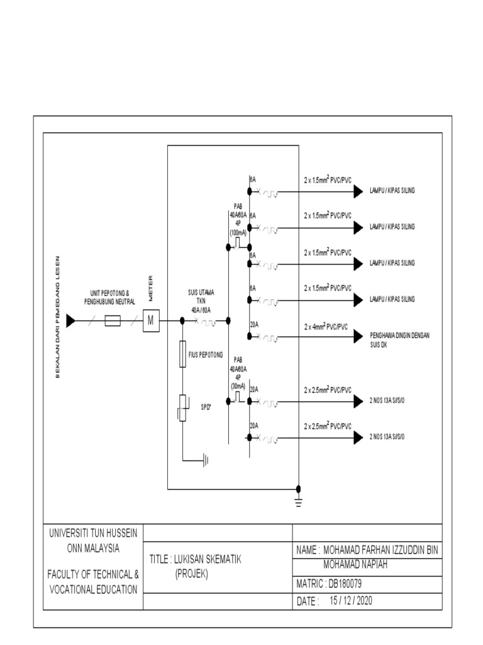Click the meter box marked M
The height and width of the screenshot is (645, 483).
click(150, 321)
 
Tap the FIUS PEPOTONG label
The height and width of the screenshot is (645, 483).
click(206, 355)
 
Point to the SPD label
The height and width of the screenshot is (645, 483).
click(206, 407)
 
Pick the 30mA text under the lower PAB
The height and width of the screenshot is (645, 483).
click(238, 386)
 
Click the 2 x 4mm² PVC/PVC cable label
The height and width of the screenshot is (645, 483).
click(326, 327)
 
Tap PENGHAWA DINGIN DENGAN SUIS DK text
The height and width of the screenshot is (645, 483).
click(403, 338)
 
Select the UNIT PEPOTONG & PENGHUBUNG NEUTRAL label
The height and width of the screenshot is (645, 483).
click(110, 297)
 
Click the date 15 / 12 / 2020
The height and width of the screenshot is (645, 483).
click(351, 601)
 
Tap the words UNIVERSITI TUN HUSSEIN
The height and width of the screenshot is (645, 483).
click(93, 533)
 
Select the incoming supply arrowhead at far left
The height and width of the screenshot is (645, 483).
click(70, 321)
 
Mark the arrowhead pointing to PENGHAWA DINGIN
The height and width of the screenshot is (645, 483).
click(358, 338)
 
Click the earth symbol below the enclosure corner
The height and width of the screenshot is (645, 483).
click(298, 501)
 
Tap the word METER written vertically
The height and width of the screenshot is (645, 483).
click(151, 288)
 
